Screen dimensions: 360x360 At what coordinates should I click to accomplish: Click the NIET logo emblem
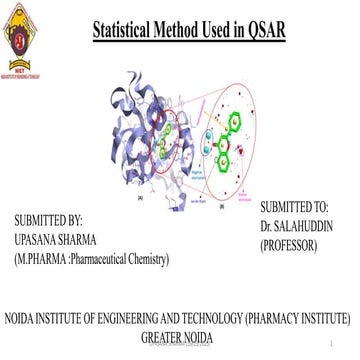[21, 36]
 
